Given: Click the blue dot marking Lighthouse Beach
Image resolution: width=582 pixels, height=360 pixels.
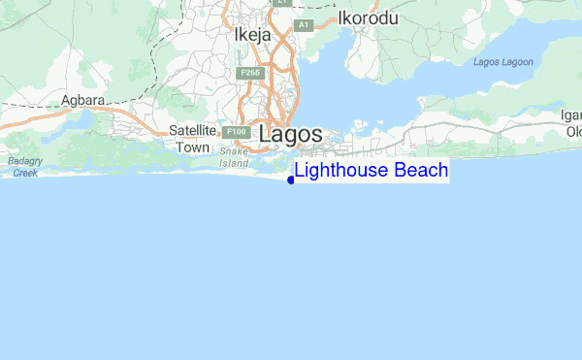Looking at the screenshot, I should [291, 180].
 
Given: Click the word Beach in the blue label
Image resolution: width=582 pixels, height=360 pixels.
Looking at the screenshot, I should [421, 172].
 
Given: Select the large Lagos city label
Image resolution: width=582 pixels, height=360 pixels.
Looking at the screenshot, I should [290, 137].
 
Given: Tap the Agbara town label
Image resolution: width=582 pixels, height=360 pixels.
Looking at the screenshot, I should [82, 100].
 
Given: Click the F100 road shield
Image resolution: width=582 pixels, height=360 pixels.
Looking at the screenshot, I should [234, 132].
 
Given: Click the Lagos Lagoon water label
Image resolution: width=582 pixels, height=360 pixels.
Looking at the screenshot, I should [503, 63].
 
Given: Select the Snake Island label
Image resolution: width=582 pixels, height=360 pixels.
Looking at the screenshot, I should [235, 157].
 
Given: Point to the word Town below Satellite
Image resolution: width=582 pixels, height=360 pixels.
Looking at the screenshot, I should [192, 147].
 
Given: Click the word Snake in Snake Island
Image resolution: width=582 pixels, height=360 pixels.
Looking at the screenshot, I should [235, 151].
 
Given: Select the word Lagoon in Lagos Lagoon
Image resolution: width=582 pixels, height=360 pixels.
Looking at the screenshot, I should [519, 63].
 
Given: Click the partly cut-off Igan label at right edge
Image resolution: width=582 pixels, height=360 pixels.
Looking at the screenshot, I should [570, 115].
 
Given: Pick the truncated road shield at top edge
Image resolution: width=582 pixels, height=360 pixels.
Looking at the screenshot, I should [281, 3].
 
